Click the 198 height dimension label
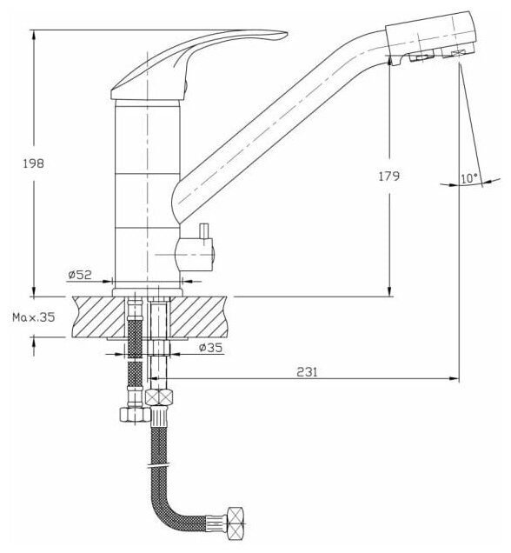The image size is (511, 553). pyautogui.click(x=34, y=163)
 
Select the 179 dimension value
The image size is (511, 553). pyautogui.click(x=389, y=176)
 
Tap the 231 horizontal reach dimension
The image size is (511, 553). pyautogui.click(x=307, y=372)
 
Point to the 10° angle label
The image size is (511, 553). pyautogui.click(x=469, y=178)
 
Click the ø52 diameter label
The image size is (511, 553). pyautogui.click(x=80, y=275)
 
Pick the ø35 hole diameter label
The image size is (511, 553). pyautogui.click(x=210, y=348)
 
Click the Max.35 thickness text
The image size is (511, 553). pyautogui.click(x=34, y=317)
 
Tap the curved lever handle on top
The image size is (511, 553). pyautogui.click(x=199, y=63)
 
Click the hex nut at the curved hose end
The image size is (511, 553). pyautogui.click(x=236, y=526)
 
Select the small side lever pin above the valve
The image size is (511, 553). pyautogui.click(x=204, y=230)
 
